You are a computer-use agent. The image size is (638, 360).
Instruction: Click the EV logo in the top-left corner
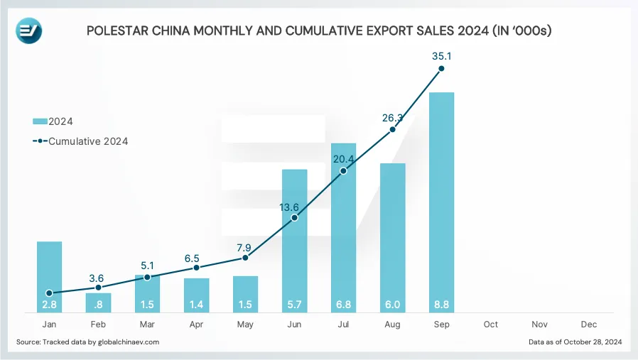[x=29, y=31]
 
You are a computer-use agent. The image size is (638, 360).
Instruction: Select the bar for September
[x=441, y=202]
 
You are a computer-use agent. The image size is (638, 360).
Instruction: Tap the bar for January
[x=49, y=277]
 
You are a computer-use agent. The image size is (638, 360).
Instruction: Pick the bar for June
[x=294, y=241]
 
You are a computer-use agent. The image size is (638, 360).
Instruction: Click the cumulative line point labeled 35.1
[x=441, y=69]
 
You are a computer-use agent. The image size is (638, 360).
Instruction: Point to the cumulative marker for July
[x=343, y=171]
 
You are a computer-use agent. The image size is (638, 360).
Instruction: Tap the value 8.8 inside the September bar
[x=441, y=305]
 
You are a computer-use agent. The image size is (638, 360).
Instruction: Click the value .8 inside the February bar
[x=99, y=305]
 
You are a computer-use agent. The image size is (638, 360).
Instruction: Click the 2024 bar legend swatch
[x=40, y=121]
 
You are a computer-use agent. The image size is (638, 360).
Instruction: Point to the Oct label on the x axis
[x=490, y=324]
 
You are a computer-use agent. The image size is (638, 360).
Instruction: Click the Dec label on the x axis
[x=588, y=324]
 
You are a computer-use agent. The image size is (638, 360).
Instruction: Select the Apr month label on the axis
[x=196, y=324]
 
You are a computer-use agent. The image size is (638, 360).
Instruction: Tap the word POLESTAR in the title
[x=118, y=31]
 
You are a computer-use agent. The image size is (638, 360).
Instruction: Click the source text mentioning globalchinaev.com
[x=87, y=342]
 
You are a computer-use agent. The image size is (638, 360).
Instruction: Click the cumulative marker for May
[x=245, y=258]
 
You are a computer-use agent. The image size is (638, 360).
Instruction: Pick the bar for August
[x=392, y=238]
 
